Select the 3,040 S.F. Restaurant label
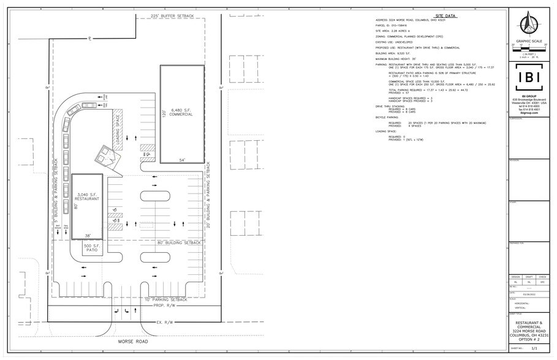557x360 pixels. coord(87,197)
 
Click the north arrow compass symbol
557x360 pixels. coord(529,24)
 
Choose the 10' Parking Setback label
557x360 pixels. coord(165,300)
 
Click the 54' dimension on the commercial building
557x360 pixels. coord(182,160)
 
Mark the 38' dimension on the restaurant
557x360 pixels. coord(87,236)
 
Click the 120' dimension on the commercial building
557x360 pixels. coord(164,113)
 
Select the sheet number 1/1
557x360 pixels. coord(533,347)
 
